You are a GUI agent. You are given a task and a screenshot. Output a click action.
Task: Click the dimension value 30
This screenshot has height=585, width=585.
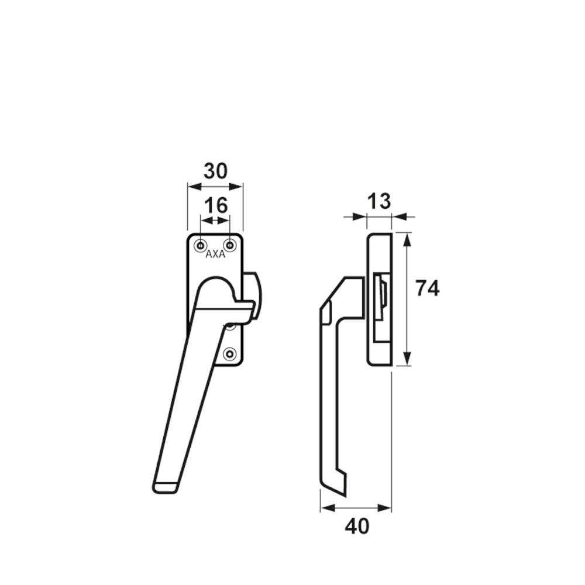click(x=215, y=171)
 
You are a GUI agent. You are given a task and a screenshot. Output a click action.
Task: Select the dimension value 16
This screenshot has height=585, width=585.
click(x=216, y=205)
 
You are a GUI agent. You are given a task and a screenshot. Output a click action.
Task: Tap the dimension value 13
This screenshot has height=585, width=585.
click(x=378, y=201)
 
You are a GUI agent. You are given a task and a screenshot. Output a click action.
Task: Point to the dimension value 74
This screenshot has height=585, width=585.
click(x=428, y=288)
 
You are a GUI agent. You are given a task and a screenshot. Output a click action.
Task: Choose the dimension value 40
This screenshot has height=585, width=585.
click(x=357, y=526)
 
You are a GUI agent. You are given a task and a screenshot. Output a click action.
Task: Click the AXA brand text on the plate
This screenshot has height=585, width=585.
click(x=215, y=254)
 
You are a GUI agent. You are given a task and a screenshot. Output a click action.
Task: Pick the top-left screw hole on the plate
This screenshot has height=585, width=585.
click(x=201, y=246)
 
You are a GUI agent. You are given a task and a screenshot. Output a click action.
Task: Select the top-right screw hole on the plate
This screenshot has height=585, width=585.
click(x=230, y=246)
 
